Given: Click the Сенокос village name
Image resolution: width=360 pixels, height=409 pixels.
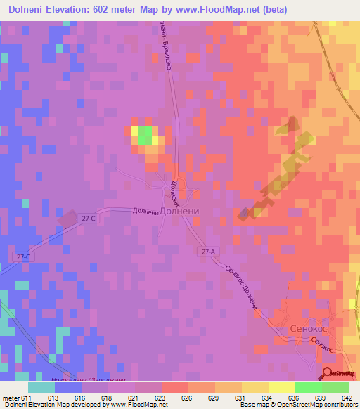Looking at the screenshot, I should [x=310, y=328].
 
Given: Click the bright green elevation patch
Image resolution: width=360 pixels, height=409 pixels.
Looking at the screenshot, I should [x=144, y=135].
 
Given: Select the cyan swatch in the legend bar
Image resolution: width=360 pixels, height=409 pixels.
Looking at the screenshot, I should [x=41, y=387].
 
